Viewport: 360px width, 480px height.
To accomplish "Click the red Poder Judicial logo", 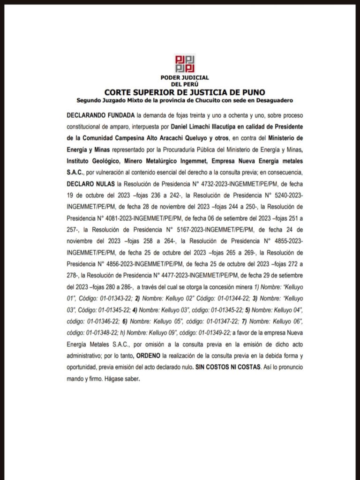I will click(185, 64).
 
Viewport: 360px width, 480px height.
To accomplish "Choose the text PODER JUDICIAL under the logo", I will click(185, 78).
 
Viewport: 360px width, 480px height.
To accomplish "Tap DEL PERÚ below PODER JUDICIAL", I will click(185, 84).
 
